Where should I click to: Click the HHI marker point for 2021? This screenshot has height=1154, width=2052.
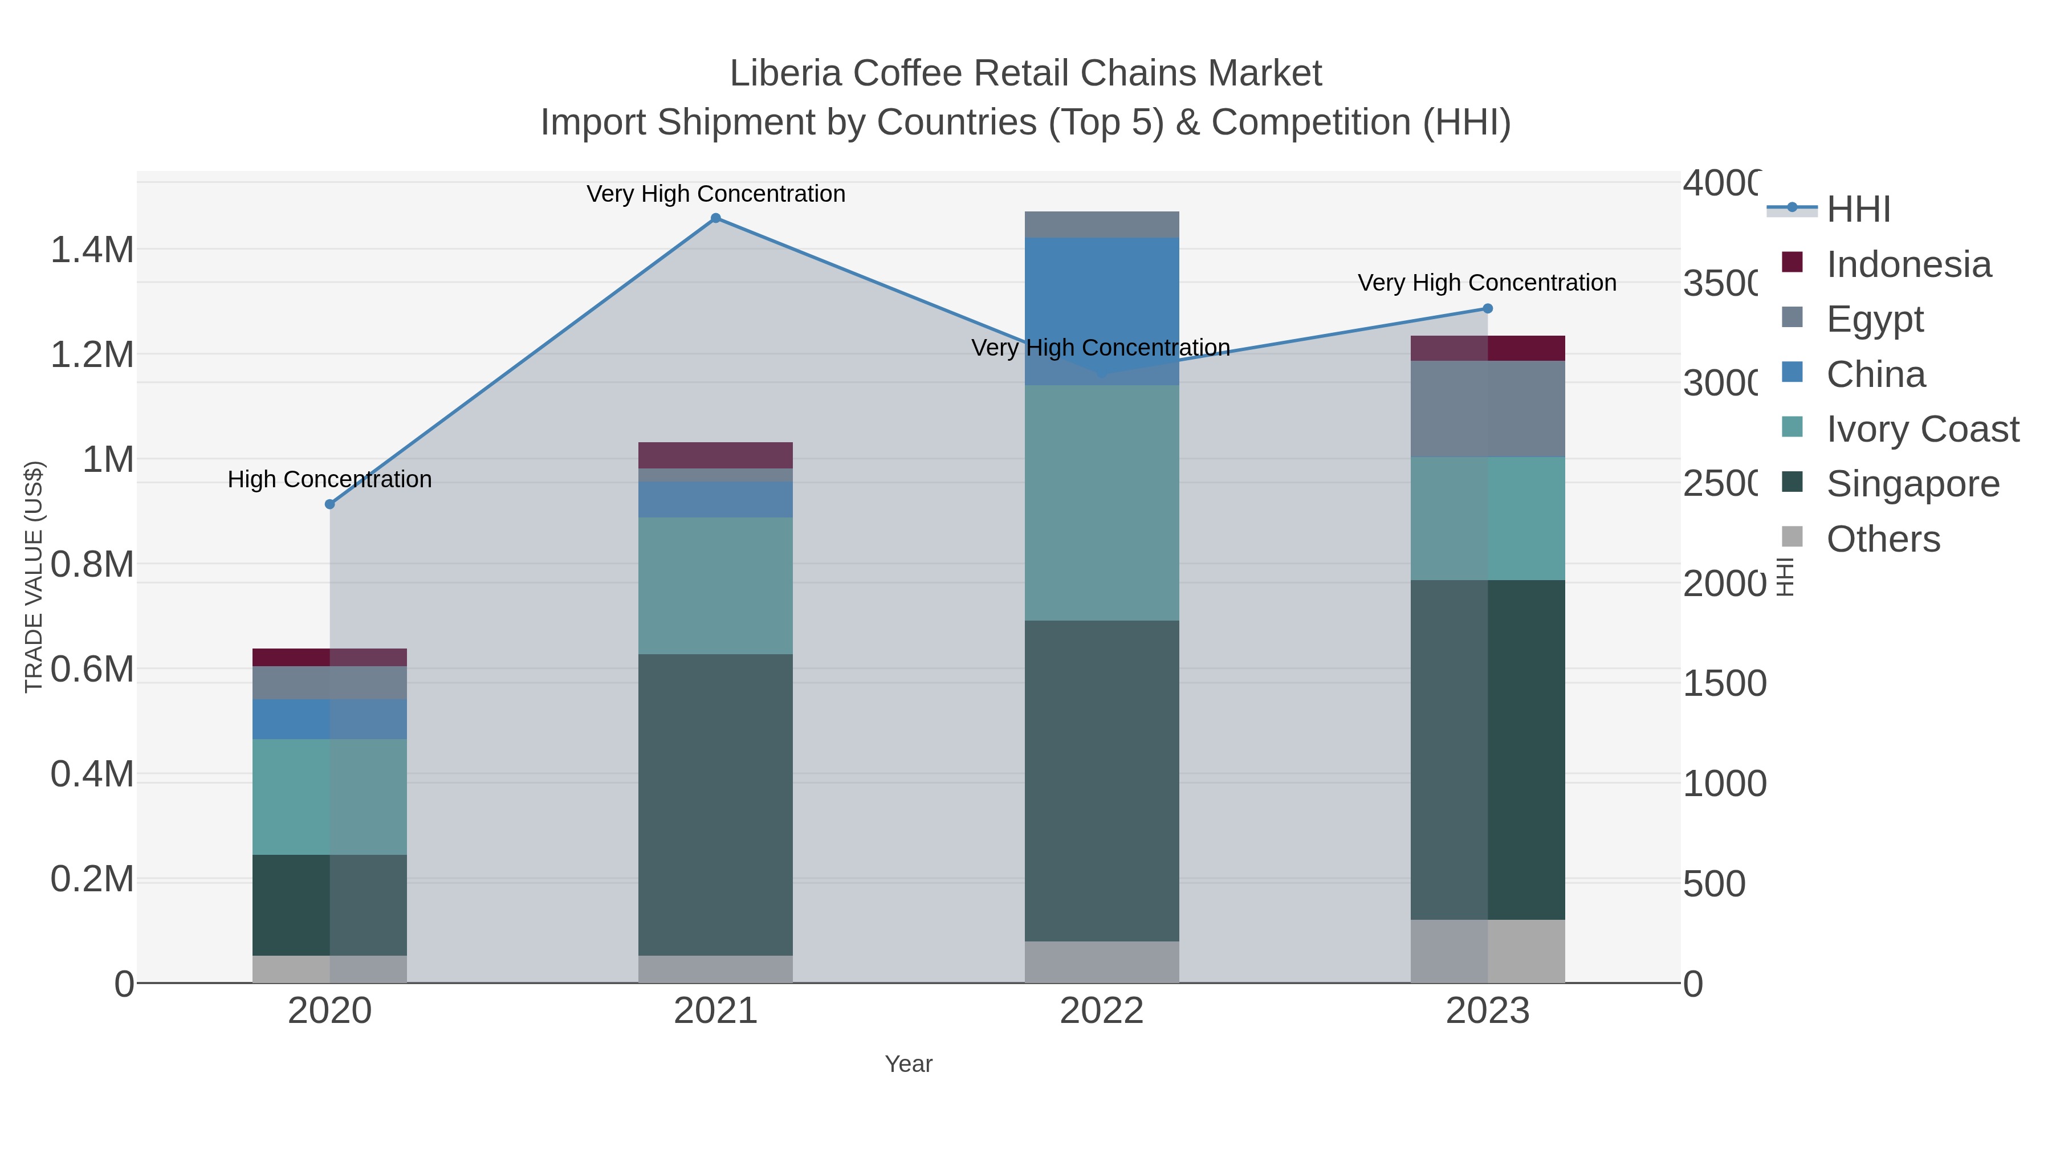point(715,218)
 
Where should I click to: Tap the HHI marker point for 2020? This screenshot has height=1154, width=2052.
point(330,504)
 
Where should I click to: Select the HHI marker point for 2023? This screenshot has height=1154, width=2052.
point(1487,309)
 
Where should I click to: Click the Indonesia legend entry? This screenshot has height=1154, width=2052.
point(1908,264)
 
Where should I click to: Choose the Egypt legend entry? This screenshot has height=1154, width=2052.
point(1874,319)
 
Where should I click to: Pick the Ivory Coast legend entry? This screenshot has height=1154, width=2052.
point(1922,429)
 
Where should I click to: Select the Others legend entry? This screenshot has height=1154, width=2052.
point(1882,539)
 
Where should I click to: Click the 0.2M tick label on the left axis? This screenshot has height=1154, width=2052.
point(92,879)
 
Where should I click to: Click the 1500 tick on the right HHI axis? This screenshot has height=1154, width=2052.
point(1724,683)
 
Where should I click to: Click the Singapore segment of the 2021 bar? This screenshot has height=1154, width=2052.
point(715,804)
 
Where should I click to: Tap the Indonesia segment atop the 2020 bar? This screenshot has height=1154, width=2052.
point(330,657)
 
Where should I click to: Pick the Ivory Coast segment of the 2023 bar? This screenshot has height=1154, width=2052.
point(1487,519)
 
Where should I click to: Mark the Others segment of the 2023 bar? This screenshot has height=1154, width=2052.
point(1487,951)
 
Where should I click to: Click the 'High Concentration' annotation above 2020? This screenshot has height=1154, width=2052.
point(330,479)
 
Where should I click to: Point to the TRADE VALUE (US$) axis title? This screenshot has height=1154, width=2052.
point(34,577)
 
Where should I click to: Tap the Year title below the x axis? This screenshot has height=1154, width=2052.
point(908,1064)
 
